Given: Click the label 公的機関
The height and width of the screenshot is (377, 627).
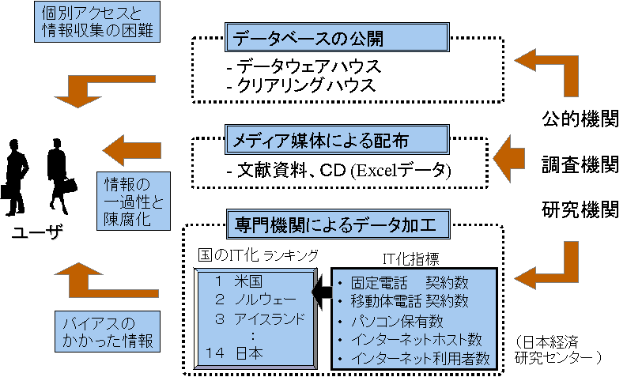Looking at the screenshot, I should pyautogui.click(x=579, y=120).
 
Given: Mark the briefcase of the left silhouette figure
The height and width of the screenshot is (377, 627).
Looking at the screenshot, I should pyautogui.click(x=8, y=191).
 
